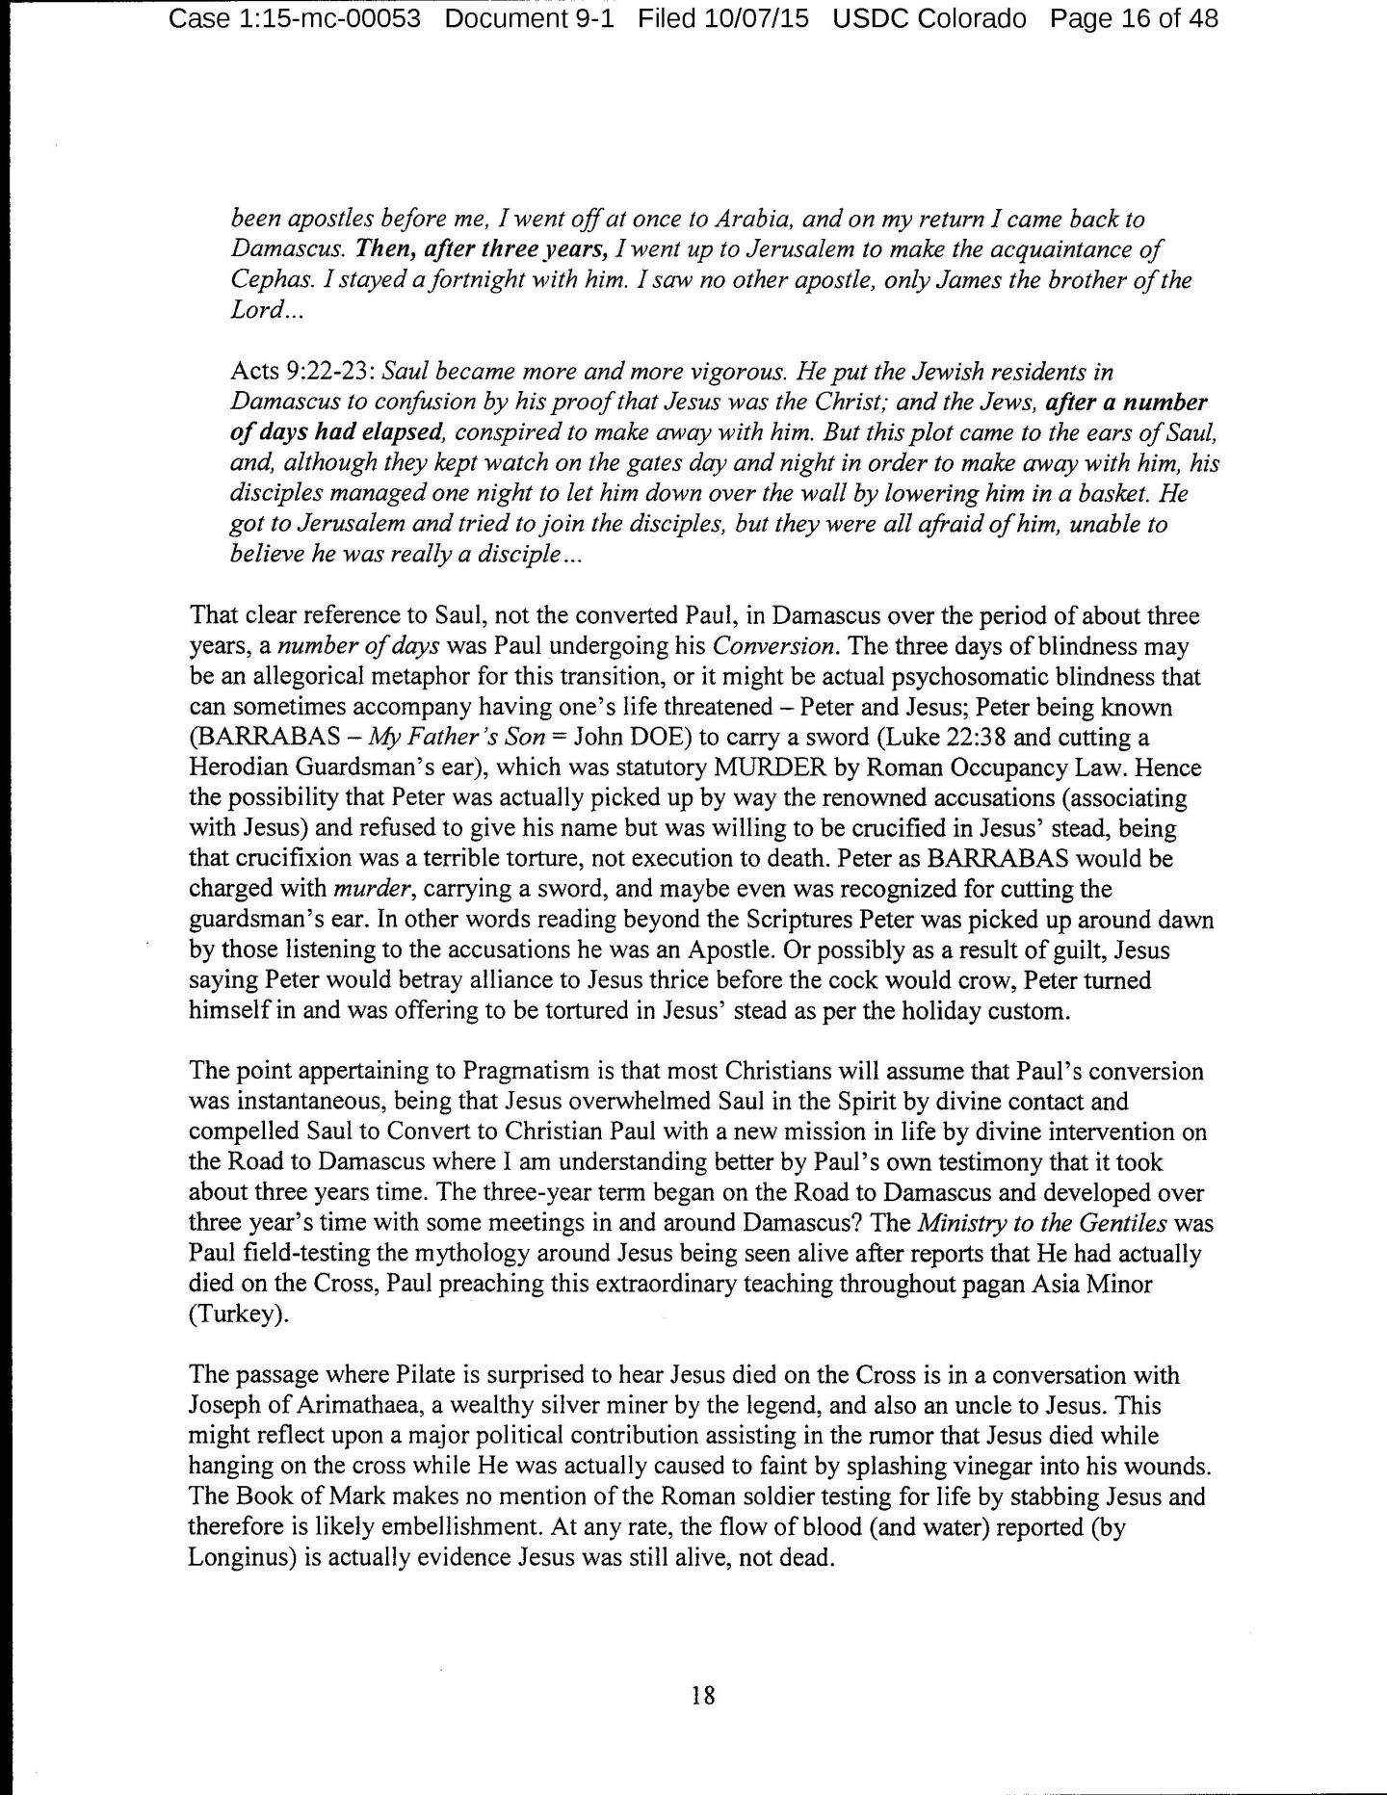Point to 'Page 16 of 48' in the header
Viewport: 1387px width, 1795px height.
(x=1134, y=18)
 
